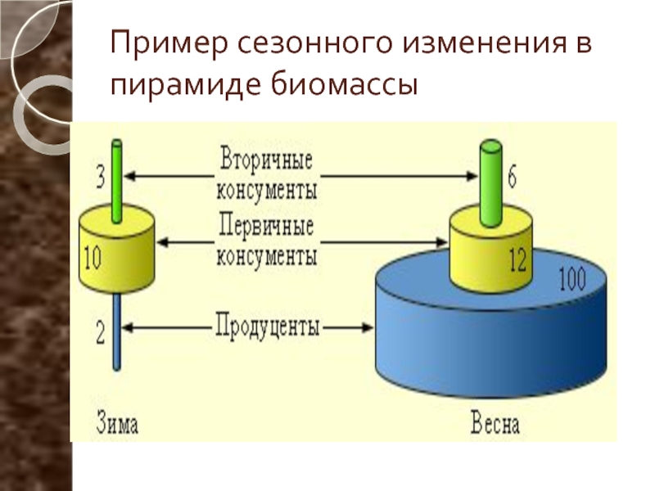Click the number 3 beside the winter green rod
point(100,177)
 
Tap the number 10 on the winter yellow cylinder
point(93,258)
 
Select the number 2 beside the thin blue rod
point(100,333)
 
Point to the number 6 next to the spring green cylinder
point(512,177)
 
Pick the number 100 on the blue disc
point(572,279)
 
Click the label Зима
point(117,422)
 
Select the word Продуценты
point(268,326)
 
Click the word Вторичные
point(266,160)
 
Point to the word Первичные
point(266,226)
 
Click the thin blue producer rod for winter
point(117,331)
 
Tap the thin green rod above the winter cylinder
point(117,181)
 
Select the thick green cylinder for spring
point(490,183)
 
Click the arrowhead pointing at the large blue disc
point(367,327)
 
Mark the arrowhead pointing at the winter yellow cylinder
point(161,242)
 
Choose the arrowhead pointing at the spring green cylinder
point(472,176)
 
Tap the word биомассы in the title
point(343,85)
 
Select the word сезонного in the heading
point(315,43)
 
